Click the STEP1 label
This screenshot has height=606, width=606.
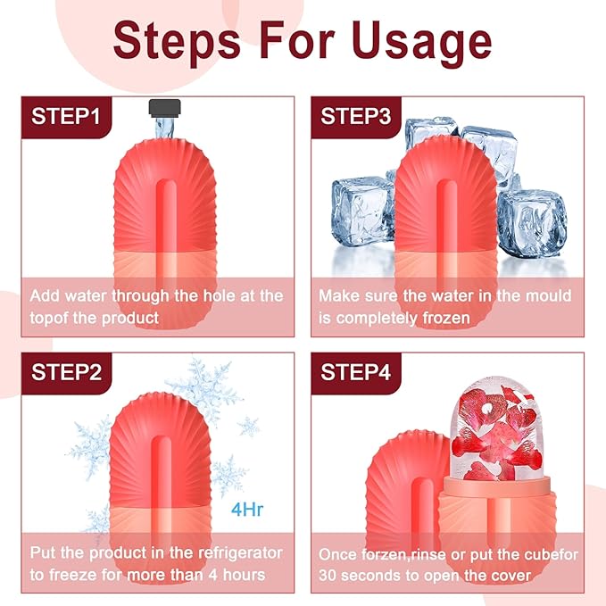67,117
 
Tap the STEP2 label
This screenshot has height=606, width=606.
67,372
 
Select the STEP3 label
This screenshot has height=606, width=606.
356,117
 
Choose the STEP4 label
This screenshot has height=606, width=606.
356,372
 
